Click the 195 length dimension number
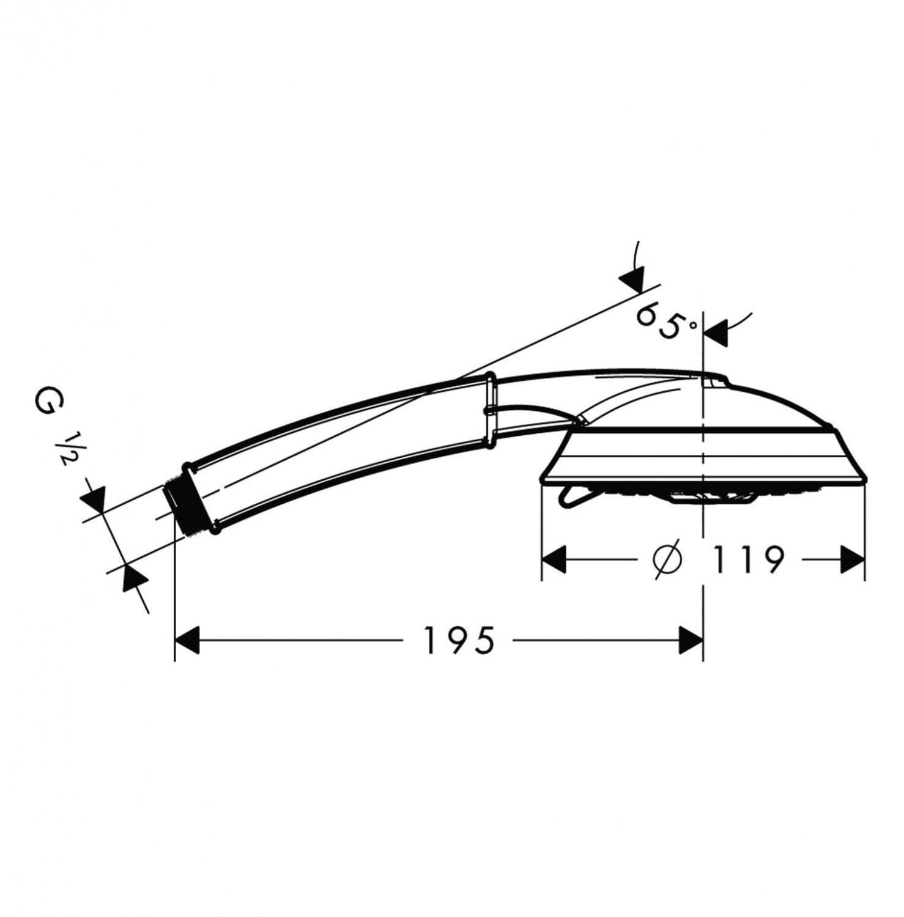coord(459,640)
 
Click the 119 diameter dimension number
coord(748,559)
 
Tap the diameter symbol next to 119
coord(667,559)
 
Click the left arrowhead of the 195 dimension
coord(188,640)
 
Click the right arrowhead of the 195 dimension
coord(691,640)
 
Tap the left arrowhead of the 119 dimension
coord(555,559)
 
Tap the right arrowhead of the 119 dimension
coord(852,559)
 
